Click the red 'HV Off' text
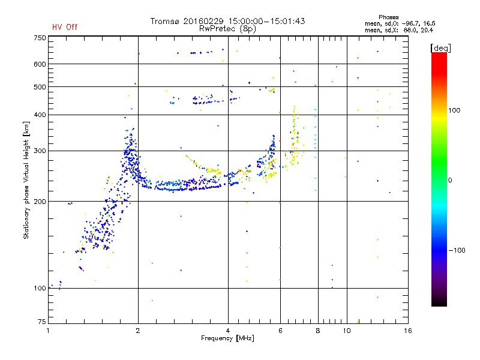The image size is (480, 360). [x=64, y=27]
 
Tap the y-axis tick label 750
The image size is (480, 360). [x=40, y=38]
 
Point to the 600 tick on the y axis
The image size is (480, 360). [x=40, y=64]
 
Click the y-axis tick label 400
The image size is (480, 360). [x=40, y=115]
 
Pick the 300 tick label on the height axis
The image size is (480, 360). [x=40, y=151]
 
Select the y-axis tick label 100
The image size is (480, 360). [x=40, y=289]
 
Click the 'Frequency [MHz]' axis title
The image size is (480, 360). [x=227, y=339]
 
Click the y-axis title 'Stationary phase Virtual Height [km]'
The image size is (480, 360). [x=26, y=180]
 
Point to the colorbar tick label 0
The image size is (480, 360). [x=452, y=180]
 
